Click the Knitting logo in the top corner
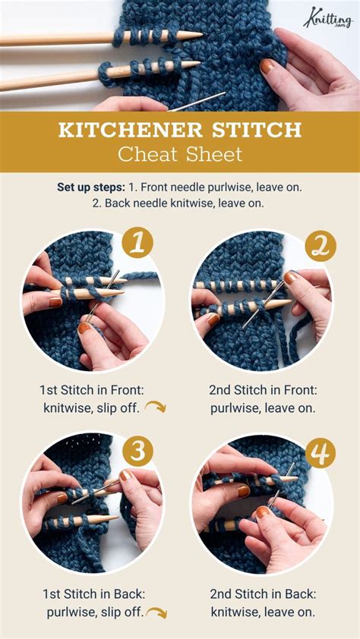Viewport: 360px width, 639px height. [329, 16]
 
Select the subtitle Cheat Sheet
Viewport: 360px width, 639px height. [180, 154]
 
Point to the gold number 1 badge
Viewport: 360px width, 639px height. [137, 244]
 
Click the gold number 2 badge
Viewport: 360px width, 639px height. [321, 247]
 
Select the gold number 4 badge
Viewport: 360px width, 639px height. [321, 453]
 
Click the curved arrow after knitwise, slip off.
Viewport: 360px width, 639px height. [155, 408]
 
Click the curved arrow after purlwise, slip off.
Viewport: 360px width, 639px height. [156, 612]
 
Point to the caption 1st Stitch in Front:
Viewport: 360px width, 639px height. [92, 389]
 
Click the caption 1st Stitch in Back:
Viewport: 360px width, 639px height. [92, 593]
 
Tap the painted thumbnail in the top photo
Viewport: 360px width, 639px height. [267, 66]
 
